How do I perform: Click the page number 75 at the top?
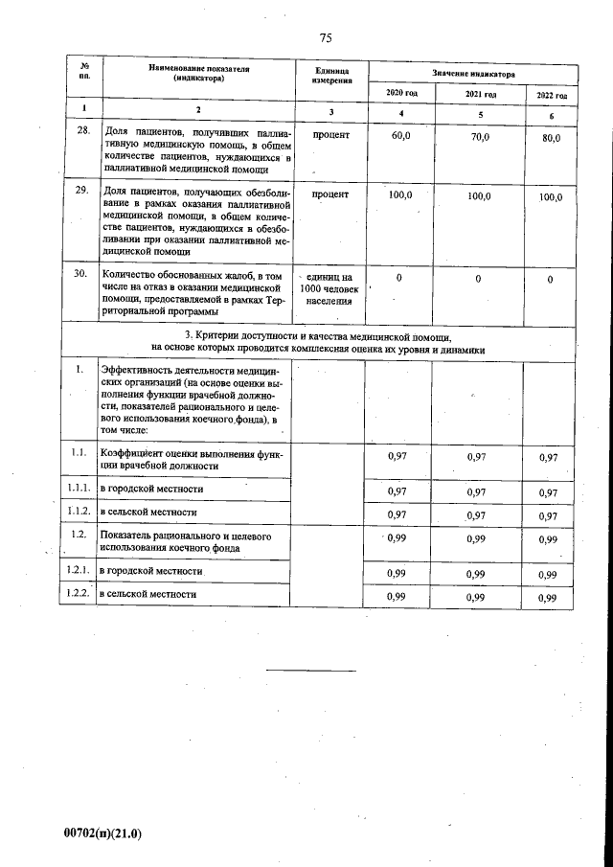325,38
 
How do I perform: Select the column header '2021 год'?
480,95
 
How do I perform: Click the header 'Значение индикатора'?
473,74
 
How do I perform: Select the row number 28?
82,132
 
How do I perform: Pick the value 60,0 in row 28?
401,137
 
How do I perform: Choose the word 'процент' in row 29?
330,194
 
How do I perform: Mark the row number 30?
82,274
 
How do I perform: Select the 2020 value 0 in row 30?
399,278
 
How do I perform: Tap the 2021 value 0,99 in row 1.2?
476,540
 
